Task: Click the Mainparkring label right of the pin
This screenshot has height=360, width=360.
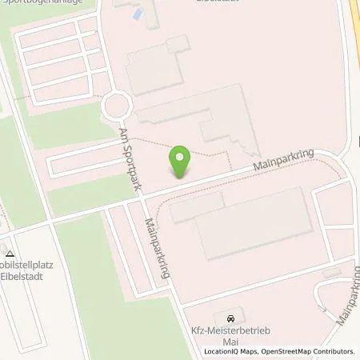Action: coord(283,161)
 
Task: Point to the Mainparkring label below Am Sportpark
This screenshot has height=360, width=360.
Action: coord(158,247)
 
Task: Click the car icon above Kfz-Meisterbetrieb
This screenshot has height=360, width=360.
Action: coord(232,318)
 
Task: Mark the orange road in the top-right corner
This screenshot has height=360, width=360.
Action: coord(353,24)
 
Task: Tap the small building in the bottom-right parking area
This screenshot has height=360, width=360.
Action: coord(332,274)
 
